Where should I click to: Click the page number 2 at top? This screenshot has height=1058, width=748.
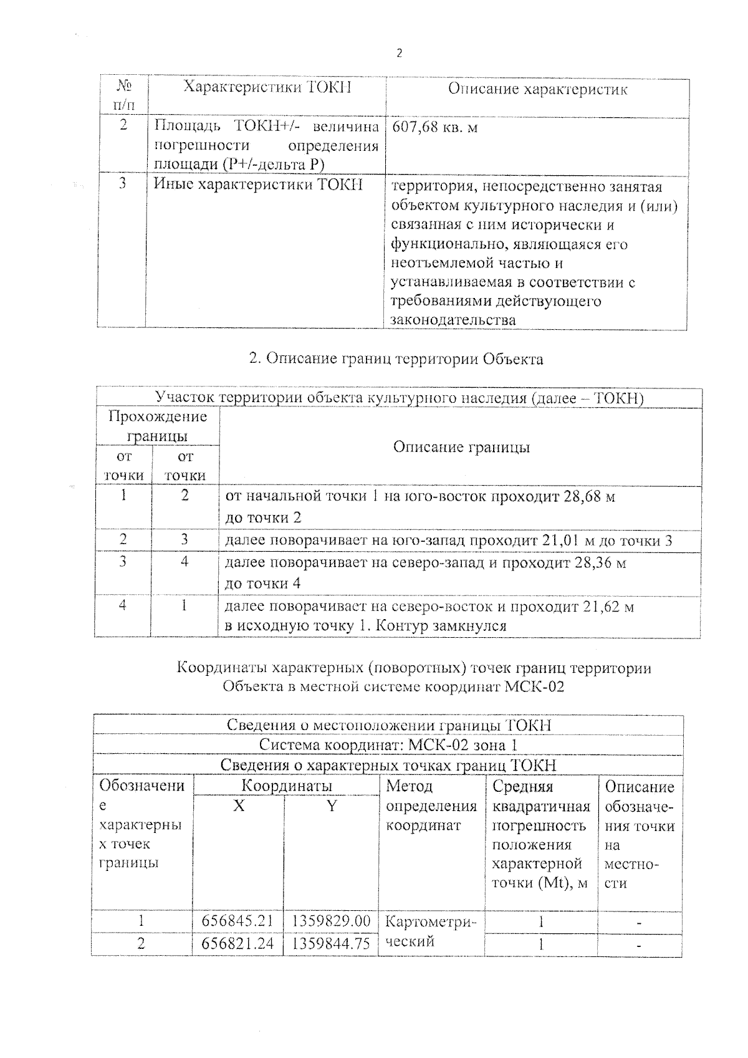pos(399,54)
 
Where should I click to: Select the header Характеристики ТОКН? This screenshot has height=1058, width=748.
pos(267,87)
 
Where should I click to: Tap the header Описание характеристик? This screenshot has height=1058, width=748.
pos(537,89)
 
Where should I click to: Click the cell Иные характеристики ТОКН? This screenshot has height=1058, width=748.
pos(258,185)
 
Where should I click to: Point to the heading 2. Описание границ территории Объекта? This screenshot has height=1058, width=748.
pos(396,359)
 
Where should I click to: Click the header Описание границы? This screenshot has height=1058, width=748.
pos(461,447)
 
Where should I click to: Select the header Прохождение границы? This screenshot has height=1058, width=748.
pos(158,426)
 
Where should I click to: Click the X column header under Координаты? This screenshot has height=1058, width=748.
pos(239,806)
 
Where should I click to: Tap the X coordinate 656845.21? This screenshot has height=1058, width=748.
pos(238,921)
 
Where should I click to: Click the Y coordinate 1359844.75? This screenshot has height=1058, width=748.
pos(331,944)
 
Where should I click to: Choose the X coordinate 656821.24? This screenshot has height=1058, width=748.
pos(238,944)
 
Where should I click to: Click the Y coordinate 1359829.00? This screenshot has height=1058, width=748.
pos(331,921)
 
